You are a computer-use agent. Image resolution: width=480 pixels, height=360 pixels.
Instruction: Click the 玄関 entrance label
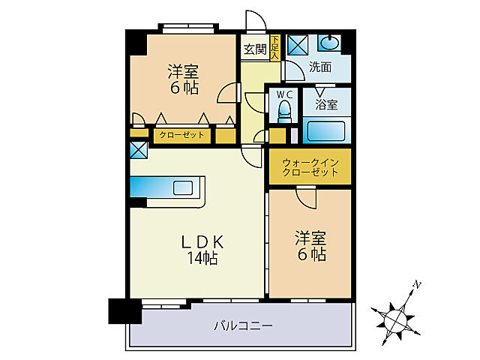point(254,50)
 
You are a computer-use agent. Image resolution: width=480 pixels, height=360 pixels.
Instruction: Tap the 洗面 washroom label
point(320,67)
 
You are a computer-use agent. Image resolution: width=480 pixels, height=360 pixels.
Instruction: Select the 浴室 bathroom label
point(327,106)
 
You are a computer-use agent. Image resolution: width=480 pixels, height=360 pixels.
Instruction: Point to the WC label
point(284,94)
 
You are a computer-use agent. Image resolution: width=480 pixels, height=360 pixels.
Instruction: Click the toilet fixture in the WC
point(284,113)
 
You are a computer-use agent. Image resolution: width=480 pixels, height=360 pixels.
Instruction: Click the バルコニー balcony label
point(242,325)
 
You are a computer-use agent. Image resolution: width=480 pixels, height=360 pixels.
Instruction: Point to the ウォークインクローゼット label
point(310,167)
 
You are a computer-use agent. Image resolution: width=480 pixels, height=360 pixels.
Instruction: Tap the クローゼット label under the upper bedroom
point(181,136)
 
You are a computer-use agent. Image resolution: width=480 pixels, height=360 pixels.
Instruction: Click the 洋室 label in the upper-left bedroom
point(182,72)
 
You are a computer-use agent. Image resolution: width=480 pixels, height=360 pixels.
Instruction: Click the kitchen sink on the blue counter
point(183,187)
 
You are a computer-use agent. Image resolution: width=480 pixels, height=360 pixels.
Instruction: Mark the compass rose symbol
point(395,317)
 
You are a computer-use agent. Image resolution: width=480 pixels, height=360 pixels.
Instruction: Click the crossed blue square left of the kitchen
point(139,149)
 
